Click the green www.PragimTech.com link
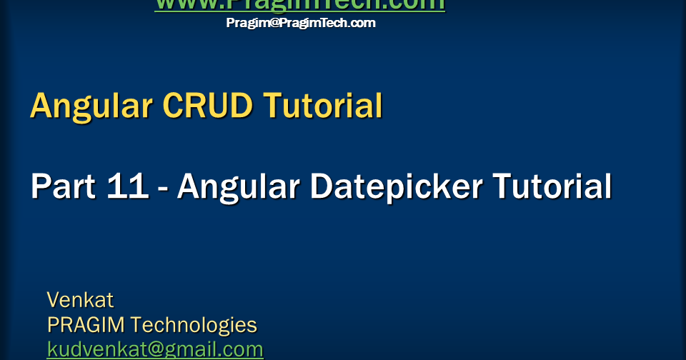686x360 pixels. click(299, 4)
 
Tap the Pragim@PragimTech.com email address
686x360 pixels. click(300, 23)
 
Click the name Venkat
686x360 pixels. click(80, 299)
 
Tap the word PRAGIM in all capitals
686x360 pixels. click(86, 325)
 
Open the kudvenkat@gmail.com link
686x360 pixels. click(155, 349)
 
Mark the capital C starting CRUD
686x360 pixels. click(172, 106)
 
